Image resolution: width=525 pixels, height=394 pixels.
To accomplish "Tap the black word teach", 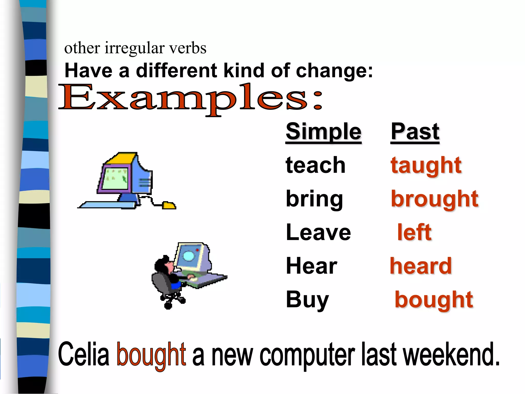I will pos(316,165).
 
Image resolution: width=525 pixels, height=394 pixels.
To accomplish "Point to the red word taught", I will pos(426,166).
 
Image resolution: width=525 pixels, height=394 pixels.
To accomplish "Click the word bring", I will pos(314,199).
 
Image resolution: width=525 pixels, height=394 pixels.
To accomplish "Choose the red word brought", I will pos(435,199).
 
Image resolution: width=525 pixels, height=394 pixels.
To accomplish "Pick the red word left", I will pos(414,232).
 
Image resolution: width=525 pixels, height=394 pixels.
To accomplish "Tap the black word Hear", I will pos(311,266).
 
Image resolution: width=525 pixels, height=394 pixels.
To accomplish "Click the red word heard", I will pos(421,266).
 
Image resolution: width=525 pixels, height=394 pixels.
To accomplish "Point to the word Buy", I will pos(307,300).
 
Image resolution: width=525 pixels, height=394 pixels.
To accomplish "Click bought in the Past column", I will pos(434,300).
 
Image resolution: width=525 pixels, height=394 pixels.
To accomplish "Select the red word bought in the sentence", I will pos(151,355).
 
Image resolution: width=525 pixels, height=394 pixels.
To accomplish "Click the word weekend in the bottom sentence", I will pos(451,355).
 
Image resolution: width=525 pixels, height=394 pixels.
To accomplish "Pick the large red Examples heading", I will pos(190,99).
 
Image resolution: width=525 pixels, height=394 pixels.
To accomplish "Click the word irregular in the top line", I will pos(134,48).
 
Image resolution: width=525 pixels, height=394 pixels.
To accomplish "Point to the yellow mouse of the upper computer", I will pos(169,205).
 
